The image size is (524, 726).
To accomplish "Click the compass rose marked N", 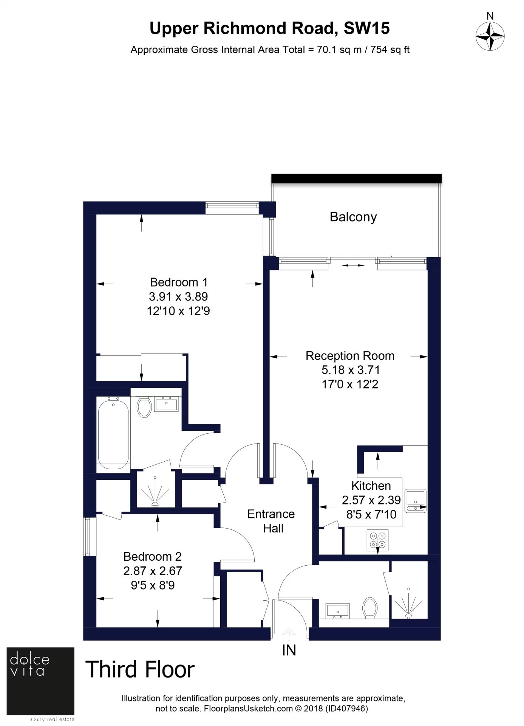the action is pyautogui.click(x=490, y=36).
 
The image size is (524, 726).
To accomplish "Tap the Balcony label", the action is pyautogui.click(x=353, y=217).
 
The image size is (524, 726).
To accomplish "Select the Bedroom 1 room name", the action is pyautogui.click(x=179, y=282).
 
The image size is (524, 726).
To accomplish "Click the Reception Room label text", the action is pyautogui.click(x=350, y=356).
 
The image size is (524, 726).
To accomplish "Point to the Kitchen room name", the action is pyautogui.click(x=371, y=486).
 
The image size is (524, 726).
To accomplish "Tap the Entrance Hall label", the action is pyautogui.click(x=271, y=521).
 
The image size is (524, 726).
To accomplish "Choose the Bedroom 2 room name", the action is pyautogui.click(x=153, y=557).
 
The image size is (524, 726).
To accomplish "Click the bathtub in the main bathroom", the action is pyautogui.click(x=113, y=433).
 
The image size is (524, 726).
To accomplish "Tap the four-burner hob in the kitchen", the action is pyautogui.click(x=378, y=540).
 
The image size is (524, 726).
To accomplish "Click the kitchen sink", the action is pyautogui.click(x=416, y=501).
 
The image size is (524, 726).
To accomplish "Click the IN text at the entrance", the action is pyautogui.click(x=289, y=650).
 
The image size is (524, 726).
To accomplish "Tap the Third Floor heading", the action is pyautogui.click(x=140, y=669).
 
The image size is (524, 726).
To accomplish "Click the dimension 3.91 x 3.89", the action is pyautogui.click(x=178, y=296).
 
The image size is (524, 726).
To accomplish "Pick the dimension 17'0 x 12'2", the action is pyautogui.click(x=350, y=385).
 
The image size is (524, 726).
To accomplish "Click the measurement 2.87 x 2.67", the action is pyautogui.click(x=153, y=571).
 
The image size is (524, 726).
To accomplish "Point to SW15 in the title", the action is pyautogui.click(x=366, y=28).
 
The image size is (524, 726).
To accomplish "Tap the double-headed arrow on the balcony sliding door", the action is pyautogui.click(x=353, y=265).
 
